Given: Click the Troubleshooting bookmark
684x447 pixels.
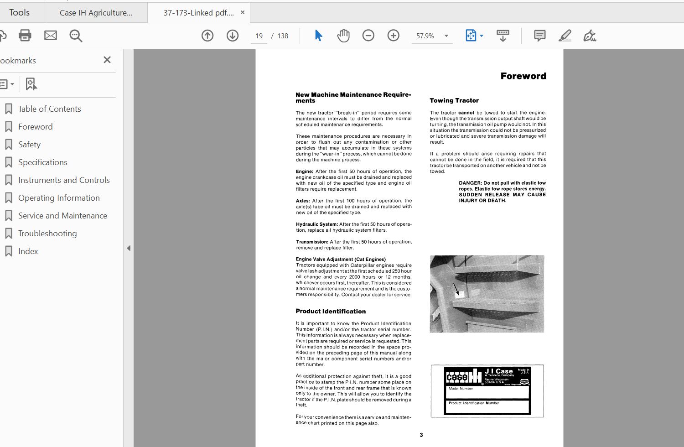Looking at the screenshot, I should coord(47,234).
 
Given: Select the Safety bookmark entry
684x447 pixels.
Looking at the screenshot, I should coord(29,145).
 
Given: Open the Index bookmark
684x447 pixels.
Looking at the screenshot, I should coord(28,251).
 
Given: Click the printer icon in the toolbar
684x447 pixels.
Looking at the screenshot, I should coord(25,36).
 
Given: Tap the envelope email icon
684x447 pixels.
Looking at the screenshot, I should coord(51,36).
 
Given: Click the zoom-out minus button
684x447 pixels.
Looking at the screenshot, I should coord(368,36).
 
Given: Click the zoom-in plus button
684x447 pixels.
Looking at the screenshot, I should coord(393,36).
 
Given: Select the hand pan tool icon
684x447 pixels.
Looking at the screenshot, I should coord(343,36).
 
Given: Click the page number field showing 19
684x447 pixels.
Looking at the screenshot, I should coord(259,36).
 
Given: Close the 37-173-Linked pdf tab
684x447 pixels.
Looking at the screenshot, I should coord(243,13).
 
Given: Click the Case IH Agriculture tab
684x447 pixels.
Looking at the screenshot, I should coord(96,13).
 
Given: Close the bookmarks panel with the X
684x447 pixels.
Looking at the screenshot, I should coord(107,60).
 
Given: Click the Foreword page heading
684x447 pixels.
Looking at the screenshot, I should coord(523,76).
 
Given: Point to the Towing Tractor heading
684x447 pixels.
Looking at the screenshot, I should coord(454,100).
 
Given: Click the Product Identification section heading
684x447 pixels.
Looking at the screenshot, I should coord(331,312).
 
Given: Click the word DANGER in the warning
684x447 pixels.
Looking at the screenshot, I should coord(470,183).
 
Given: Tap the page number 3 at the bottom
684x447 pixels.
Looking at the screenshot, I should coord(421,435).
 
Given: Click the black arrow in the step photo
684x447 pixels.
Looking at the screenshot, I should coord(456,289).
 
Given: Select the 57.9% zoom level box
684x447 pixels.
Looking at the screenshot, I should coord(425,36).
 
